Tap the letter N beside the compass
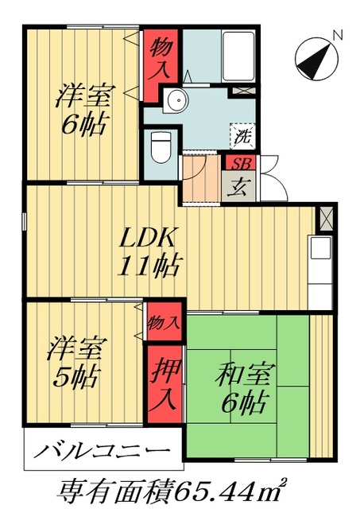coord(337,35)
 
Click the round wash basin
coord(176,99)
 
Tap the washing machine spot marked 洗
coord(242,136)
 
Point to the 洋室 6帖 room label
coord(82,111)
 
